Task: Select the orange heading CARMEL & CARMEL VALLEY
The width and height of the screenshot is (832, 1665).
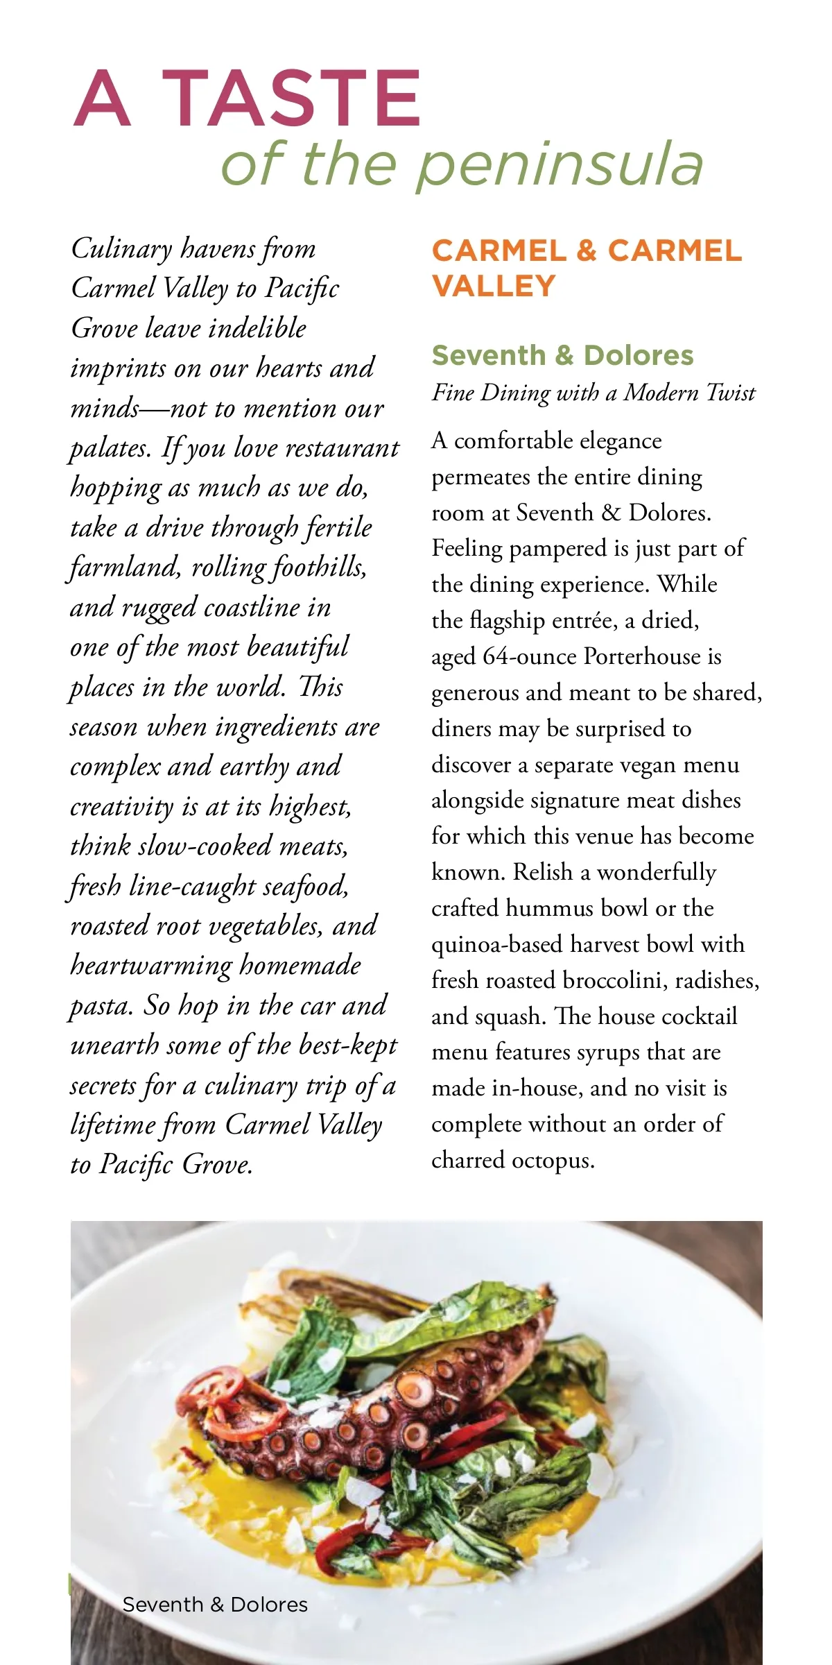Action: (586, 268)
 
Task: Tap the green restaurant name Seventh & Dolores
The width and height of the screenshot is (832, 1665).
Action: (562, 355)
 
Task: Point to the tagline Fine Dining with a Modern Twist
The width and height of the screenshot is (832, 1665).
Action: (593, 393)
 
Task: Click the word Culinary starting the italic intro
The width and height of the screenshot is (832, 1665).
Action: (121, 248)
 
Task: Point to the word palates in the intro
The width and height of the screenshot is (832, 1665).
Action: (110, 449)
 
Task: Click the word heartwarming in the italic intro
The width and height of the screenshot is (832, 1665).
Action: (151, 966)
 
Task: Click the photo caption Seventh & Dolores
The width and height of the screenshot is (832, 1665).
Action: (215, 1604)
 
